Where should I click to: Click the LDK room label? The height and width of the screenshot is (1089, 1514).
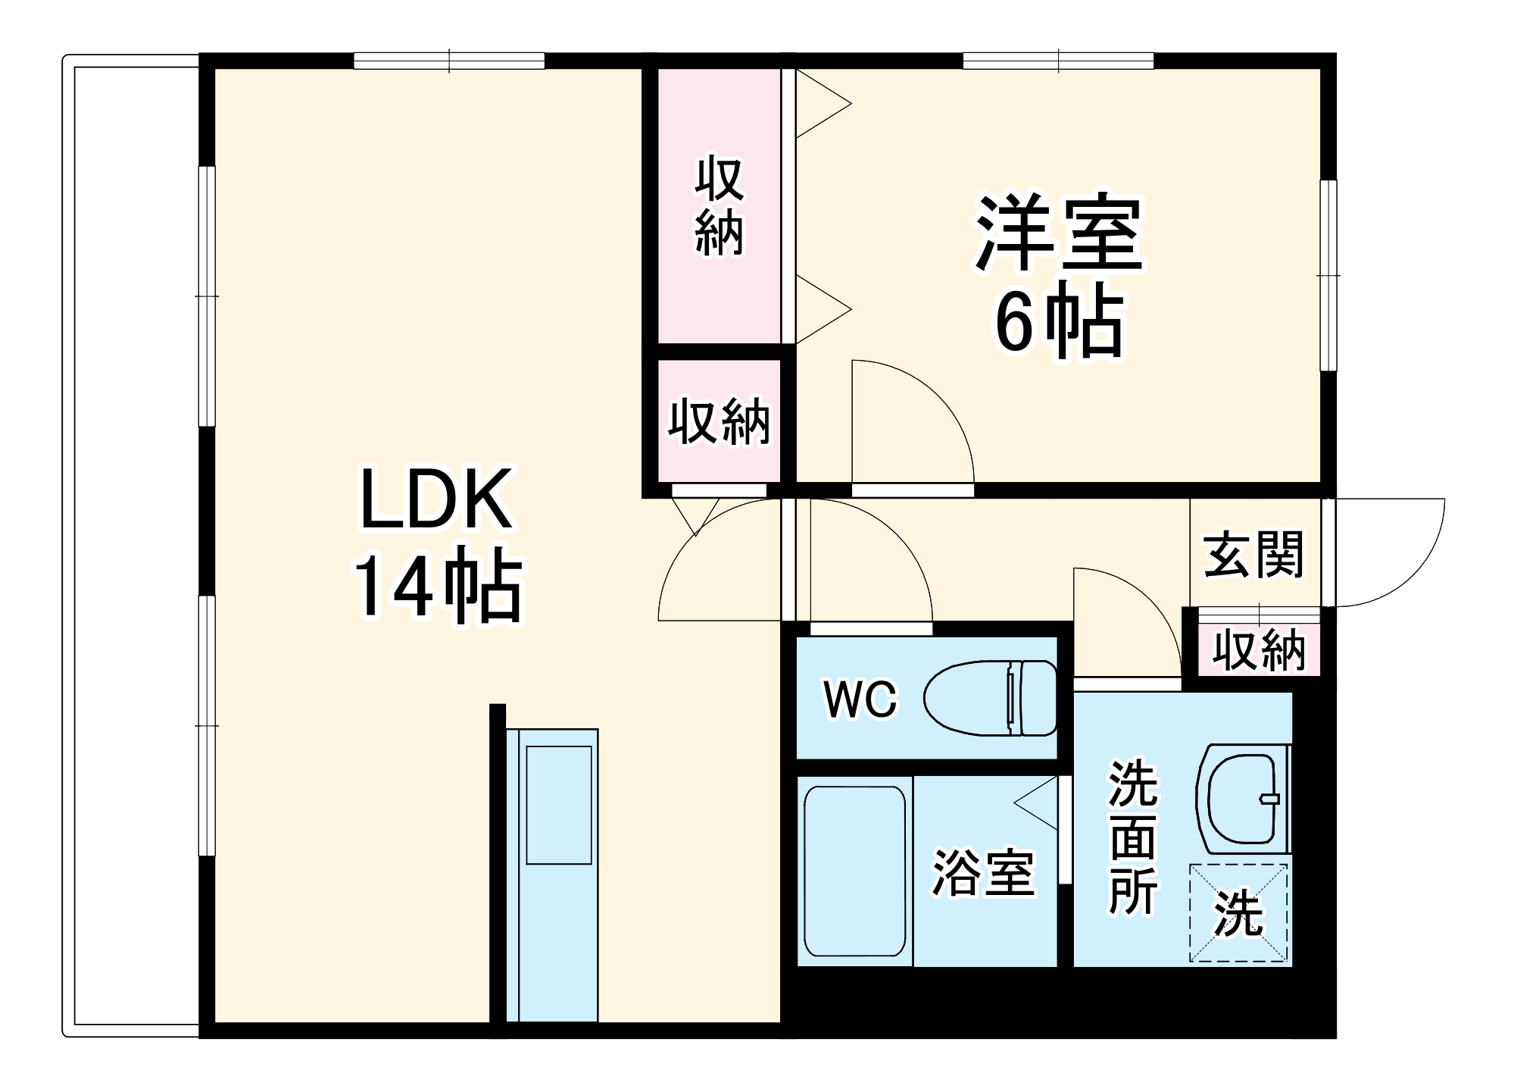[436, 500]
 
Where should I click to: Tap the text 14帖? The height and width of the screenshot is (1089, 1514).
[438, 590]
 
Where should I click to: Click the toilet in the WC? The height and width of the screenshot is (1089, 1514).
[991, 697]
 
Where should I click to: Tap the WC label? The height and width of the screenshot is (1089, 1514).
[860, 699]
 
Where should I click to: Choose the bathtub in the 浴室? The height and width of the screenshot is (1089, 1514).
[854, 872]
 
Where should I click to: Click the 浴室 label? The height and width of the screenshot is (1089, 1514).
[982, 873]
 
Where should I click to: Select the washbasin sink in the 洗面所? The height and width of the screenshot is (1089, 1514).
[1243, 799]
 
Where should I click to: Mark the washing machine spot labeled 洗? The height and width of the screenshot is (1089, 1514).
[1238, 913]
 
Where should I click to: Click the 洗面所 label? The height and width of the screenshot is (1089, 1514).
[1133, 837]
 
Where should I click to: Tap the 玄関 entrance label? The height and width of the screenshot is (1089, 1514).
[1253, 555]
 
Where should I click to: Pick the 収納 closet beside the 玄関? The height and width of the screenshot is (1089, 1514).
[1259, 649]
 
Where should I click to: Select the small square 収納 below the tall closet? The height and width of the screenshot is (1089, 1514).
[719, 421]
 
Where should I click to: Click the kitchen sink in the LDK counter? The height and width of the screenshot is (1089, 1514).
[559, 804]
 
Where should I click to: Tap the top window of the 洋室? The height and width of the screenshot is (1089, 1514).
[1058, 61]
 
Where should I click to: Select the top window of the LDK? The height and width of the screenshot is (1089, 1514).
[449, 61]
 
